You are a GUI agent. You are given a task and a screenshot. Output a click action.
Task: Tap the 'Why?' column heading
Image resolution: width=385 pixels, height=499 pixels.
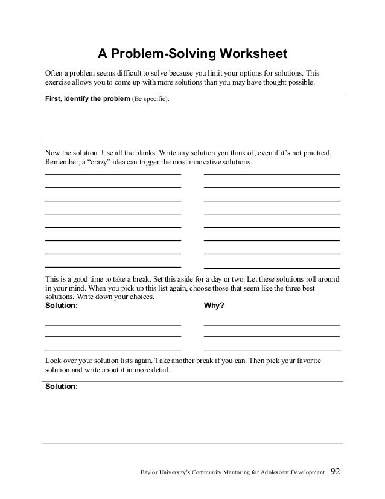(214, 306)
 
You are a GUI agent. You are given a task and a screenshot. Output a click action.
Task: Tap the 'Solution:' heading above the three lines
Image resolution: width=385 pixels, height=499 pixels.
(62, 306)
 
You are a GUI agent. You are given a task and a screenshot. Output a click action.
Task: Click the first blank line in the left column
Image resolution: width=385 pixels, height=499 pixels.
(113, 174)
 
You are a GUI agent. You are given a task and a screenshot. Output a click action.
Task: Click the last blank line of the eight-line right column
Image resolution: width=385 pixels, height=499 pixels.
(272, 267)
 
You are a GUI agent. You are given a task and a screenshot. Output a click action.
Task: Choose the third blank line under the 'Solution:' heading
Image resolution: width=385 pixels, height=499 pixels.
(113, 350)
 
